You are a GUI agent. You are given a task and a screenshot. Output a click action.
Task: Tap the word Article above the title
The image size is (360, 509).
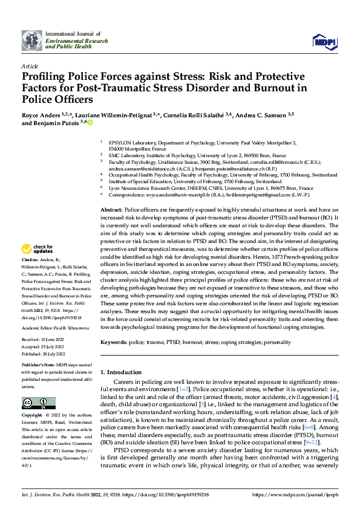[30, 66]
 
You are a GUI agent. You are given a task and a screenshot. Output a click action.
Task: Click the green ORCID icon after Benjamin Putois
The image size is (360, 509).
[90, 123]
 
